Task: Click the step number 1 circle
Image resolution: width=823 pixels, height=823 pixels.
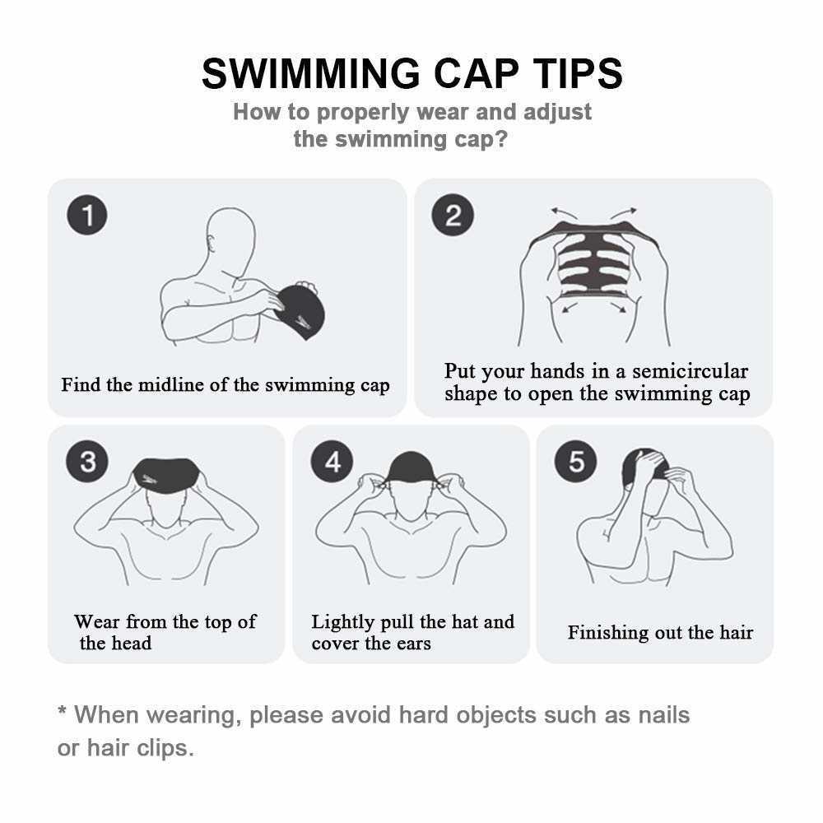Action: click(x=87, y=216)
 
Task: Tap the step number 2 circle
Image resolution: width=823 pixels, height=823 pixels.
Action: click(x=453, y=216)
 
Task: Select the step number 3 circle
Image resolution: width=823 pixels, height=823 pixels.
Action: click(x=87, y=462)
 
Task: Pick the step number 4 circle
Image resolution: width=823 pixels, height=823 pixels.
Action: click(x=332, y=462)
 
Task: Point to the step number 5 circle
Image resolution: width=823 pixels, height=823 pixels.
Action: click(x=576, y=462)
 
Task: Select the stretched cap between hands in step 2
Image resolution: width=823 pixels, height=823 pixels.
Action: click(x=593, y=259)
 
